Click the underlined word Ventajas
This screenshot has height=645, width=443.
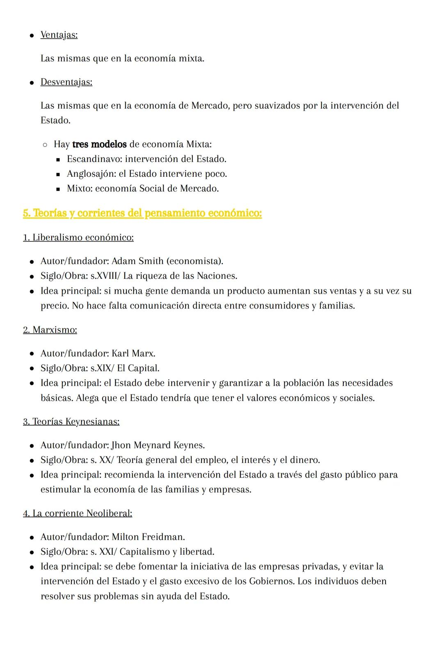(59, 35)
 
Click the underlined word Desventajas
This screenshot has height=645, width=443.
(66, 82)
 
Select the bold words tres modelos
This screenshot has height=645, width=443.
(99, 144)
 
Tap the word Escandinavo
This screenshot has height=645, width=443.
(94, 159)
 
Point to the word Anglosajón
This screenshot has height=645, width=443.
(91, 174)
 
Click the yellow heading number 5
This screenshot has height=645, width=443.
(26, 213)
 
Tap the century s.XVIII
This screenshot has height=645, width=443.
(104, 276)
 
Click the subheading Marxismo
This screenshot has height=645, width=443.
(55, 330)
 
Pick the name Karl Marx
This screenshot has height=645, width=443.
(133, 353)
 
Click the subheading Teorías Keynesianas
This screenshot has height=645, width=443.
(76, 422)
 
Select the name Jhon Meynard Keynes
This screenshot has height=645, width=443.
(158, 445)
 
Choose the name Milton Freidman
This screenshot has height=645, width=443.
(148, 537)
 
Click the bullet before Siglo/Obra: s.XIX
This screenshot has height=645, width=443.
(32, 369)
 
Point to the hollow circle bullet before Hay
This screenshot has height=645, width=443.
(45, 145)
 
